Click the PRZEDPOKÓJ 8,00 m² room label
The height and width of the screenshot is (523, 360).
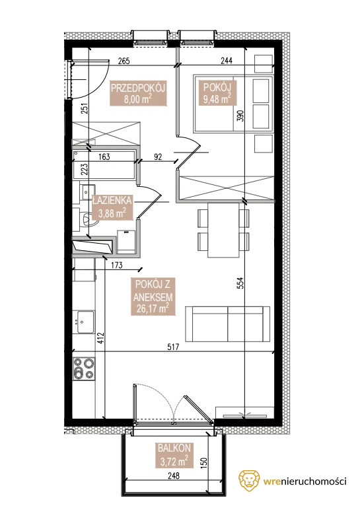point(138,93)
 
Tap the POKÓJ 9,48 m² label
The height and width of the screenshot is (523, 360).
point(217,93)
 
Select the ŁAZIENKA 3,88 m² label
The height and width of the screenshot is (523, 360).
point(112,207)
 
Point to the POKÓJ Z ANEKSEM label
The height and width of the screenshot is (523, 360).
point(153,296)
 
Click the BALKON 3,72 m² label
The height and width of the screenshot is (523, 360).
point(174,454)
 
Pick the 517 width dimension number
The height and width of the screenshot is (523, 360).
point(173,347)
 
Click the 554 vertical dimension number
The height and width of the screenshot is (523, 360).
point(241,283)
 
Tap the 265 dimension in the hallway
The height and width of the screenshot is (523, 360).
point(124,61)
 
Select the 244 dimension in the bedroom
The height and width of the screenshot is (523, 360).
point(227,60)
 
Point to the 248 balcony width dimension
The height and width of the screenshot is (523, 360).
point(174,475)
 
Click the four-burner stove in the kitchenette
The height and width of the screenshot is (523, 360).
point(84,368)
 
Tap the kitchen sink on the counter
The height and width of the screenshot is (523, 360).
point(85,322)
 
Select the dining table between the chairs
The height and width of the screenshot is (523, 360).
point(223,230)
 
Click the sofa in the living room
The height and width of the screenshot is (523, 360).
point(228,324)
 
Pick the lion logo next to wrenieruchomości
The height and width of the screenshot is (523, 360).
point(249,481)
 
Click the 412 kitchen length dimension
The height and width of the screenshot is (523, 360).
point(102,338)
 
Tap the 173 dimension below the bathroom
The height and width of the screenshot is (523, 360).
point(116,265)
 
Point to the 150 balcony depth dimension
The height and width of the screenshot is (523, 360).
point(204,462)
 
